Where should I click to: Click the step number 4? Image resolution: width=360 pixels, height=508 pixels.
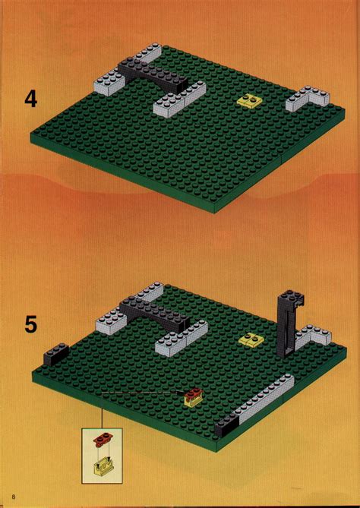coord(30,99)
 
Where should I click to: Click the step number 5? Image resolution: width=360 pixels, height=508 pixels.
coord(30,325)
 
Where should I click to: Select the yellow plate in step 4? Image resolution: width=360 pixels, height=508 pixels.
coord(248,100)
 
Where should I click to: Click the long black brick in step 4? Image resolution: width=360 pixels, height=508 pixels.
coord(153,75)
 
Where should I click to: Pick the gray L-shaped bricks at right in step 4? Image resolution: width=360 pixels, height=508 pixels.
coord(308,98)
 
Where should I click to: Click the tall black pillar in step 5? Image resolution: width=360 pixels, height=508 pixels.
coord(287,323)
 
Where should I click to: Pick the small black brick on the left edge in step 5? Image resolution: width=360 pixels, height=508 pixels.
coord(56,353)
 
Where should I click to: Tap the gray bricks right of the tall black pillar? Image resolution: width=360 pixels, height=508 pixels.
coord(312,336)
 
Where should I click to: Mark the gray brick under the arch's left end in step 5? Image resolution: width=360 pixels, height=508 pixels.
coord(112,323)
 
